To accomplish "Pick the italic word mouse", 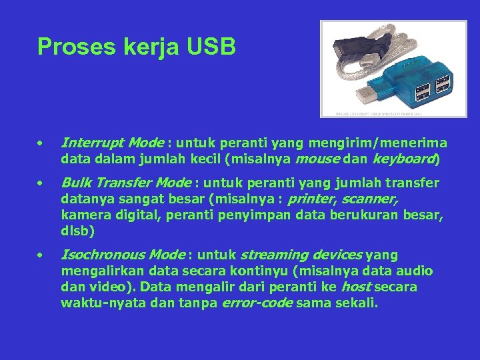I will tap(315, 159).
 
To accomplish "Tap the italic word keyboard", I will tap(405, 159).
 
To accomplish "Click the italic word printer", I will tap(307, 199).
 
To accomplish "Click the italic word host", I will tap(356, 287).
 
